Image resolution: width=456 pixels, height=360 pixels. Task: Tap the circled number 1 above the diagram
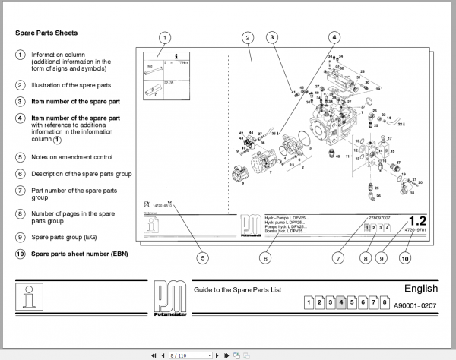(x=166, y=37)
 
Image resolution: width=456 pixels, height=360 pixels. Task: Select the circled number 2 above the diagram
(x=248, y=37)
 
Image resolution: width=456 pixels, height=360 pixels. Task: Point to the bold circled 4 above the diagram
(x=334, y=37)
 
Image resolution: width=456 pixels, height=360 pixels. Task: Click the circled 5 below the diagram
(x=202, y=258)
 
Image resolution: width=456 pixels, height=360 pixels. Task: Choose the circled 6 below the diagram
(x=264, y=258)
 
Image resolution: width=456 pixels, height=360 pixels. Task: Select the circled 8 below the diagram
(x=366, y=258)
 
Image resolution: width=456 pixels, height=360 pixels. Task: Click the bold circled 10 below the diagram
(x=405, y=258)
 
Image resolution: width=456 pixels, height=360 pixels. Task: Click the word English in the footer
(x=421, y=289)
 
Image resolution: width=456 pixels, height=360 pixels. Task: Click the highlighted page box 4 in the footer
(x=343, y=303)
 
